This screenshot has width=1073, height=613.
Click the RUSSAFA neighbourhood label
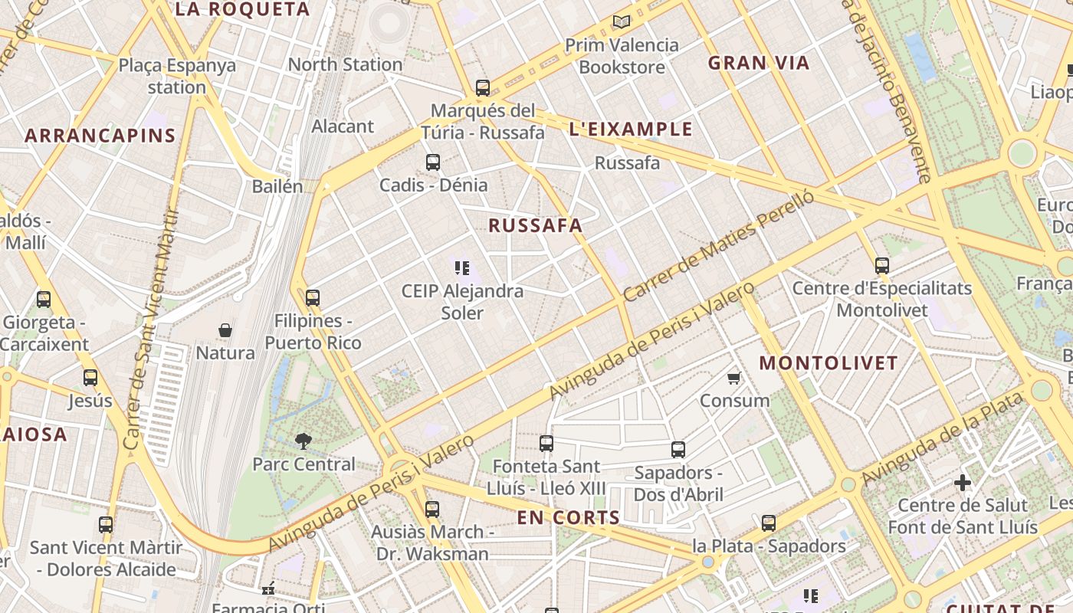pos(535,225)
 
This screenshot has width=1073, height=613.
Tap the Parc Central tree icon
pos(304,441)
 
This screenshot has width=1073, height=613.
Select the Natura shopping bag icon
pos(225,330)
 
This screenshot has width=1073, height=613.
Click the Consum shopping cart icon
pos(734,378)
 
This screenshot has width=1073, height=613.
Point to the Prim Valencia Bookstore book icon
pos(622,22)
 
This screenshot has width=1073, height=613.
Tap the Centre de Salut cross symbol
pos(963,483)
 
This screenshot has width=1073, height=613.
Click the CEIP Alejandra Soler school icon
pos(462,268)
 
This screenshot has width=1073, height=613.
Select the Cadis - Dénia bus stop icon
pos(433,162)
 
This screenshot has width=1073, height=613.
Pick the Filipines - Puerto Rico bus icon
pos(313,298)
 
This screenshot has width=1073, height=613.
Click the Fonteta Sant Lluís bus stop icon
pos(546,443)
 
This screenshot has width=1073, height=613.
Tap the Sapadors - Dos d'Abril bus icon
pos(678,450)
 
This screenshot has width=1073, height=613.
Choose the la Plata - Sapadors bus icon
pos(769,523)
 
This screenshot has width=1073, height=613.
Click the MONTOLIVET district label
pos(828,362)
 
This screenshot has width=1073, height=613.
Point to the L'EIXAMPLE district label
pos(631,129)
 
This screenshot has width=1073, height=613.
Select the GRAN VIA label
pos(759,63)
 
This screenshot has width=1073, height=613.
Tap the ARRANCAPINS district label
pos(100,136)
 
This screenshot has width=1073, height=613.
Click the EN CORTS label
pos(568,517)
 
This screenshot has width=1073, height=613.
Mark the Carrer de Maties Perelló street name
pos(717,246)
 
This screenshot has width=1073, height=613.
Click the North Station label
pos(345,64)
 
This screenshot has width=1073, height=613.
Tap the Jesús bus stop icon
pos(90,378)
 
